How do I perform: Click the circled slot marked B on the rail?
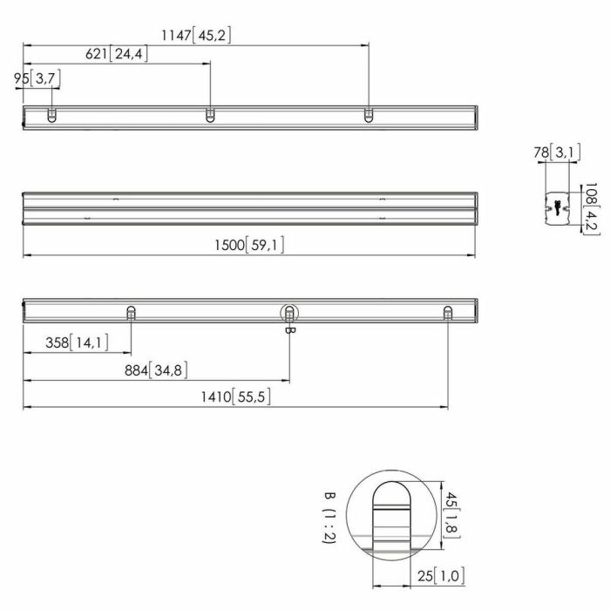[289, 313]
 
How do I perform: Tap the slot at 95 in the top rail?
[51, 115]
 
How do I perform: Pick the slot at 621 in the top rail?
[210, 115]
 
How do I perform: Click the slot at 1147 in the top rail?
[369, 115]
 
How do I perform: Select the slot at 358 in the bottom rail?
[131, 313]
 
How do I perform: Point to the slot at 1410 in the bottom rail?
[448, 313]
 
